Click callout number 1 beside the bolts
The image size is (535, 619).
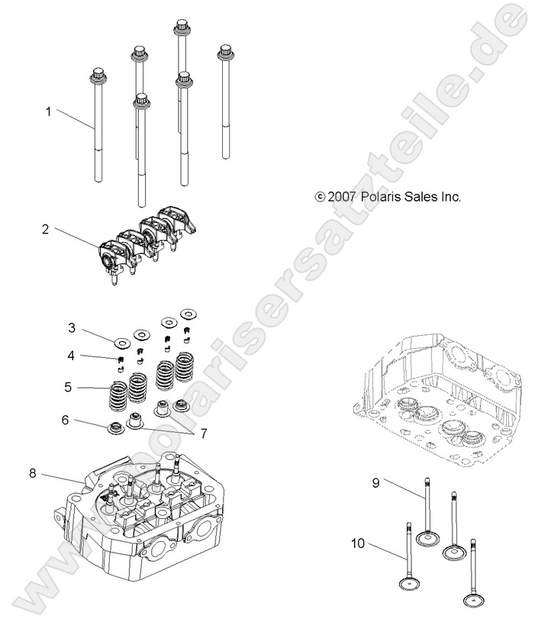click(x=48, y=111)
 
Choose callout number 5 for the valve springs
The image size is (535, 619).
click(x=68, y=387)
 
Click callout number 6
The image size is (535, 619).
click(x=66, y=420)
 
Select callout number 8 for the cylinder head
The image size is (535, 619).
click(x=33, y=473)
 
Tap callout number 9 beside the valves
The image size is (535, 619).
click(x=376, y=482)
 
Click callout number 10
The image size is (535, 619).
click(x=357, y=544)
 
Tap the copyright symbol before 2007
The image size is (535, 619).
click(x=320, y=196)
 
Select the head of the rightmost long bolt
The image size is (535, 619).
click(x=225, y=53)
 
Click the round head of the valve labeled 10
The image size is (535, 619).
click(x=408, y=585)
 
